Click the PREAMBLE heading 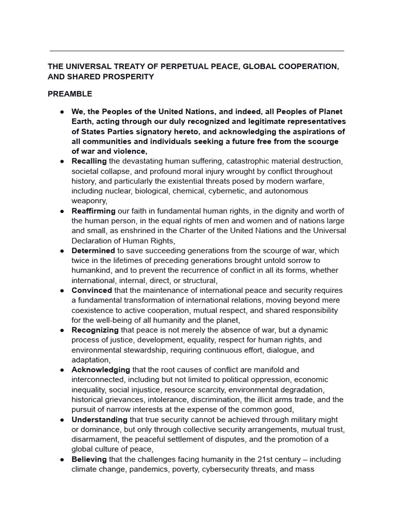pos(70,94)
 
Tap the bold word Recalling pos(89,161)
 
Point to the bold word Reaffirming pos(94,211)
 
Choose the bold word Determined pos(93,251)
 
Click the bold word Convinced pos(92,290)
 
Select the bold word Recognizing pos(95,330)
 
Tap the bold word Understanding pos(99,420)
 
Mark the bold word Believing pos(89,459)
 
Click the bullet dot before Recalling pos(61,162)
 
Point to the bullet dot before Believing pos(61,460)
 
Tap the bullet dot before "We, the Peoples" pos(61,112)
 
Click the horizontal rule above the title pos(197,51)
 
